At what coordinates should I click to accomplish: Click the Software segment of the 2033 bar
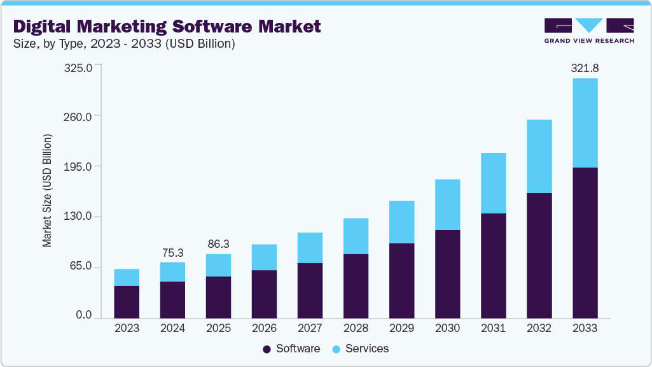pos(585,242)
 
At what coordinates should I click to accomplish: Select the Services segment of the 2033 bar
pos(585,122)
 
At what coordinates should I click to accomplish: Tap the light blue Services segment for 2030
pos(447,205)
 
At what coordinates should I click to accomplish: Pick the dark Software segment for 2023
pos(127,301)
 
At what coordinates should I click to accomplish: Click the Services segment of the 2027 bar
pos(310,248)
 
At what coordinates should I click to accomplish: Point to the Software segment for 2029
pos(401,280)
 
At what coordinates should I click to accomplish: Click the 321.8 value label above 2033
pos(585,68)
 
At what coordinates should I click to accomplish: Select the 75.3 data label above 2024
pos(172,253)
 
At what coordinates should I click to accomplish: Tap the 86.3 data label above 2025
pos(218,244)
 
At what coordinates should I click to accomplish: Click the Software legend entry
pos(291,349)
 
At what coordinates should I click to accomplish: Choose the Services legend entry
pos(361,349)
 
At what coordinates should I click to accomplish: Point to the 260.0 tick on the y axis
pos(80,116)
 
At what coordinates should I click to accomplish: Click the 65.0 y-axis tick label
pos(82,266)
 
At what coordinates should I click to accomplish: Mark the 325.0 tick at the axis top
pos(80,67)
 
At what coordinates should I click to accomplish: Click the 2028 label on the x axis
pos(356,328)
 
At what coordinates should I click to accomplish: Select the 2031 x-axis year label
pos(493,328)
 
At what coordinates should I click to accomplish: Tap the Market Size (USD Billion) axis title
pos(47,191)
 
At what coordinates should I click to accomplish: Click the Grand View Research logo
pos(589,31)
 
